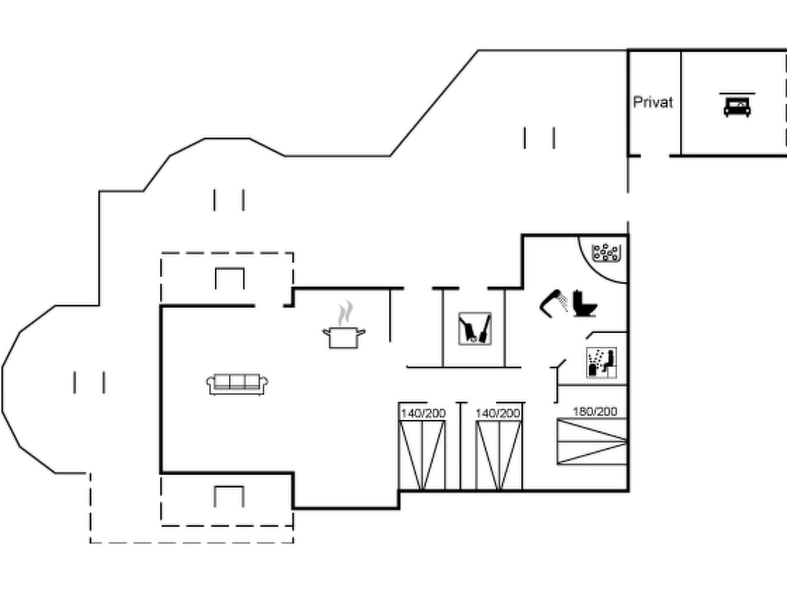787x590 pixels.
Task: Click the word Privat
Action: pyautogui.click(x=653, y=103)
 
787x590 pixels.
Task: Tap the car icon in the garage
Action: pyautogui.click(x=737, y=107)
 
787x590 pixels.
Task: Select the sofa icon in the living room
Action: pyautogui.click(x=237, y=384)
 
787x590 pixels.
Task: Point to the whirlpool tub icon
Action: pyautogui.click(x=606, y=252)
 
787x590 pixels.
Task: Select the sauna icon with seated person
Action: pyautogui.click(x=601, y=363)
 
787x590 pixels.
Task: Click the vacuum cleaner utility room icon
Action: pyautogui.click(x=475, y=329)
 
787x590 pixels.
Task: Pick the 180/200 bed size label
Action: pyautogui.click(x=594, y=412)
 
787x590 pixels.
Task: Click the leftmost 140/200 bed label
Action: pyautogui.click(x=423, y=413)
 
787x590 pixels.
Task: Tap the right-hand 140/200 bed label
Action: pyautogui.click(x=498, y=413)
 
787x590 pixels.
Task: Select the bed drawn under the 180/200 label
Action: pyautogui.click(x=592, y=441)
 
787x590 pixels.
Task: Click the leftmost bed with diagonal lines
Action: pyautogui.click(x=422, y=455)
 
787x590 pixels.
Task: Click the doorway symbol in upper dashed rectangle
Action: pyautogui.click(x=229, y=278)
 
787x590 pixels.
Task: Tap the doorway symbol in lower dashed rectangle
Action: pyautogui.click(x=229, y=496)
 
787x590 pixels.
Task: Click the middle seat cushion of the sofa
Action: pyautogui.click(x=237, y=381)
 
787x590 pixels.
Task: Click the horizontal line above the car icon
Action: pyautogui.click(x=737, y=93)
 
